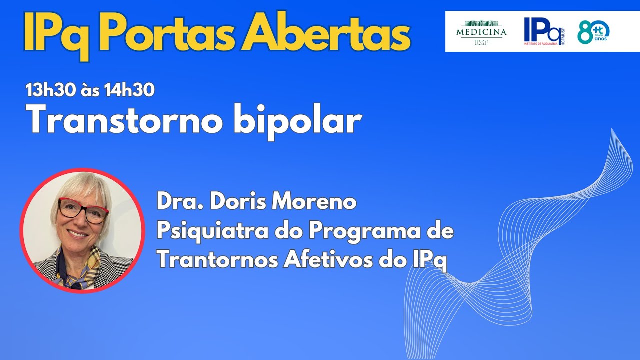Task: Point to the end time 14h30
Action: point(129,90)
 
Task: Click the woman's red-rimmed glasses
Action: point(83,210)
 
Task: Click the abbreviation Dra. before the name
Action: point(175,202)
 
